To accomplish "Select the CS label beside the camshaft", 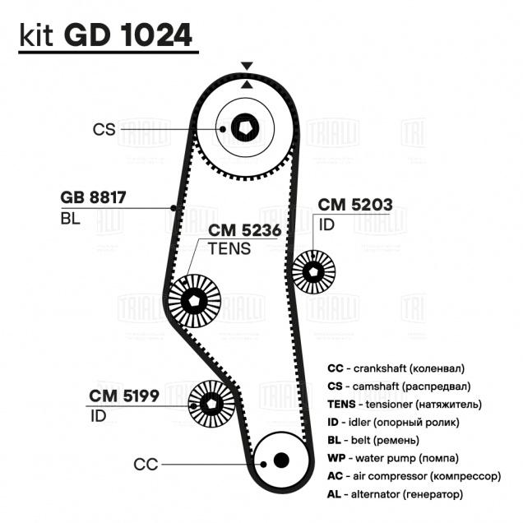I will tap(104, 129).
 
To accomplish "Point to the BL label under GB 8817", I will tap(70, 218).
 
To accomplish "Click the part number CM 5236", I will tap(246, 231).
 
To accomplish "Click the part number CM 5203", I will tap(355, 204).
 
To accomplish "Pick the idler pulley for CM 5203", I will tap(314, 271).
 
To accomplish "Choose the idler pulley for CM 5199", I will tap(211, 403).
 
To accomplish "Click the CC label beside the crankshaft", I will tap(146, 465).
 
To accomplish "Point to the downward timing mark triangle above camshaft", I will tap(246, 66).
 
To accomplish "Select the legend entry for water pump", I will tap(393, 458).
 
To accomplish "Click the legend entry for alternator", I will tap(395, 494).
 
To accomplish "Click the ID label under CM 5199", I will tap(98, 415).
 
